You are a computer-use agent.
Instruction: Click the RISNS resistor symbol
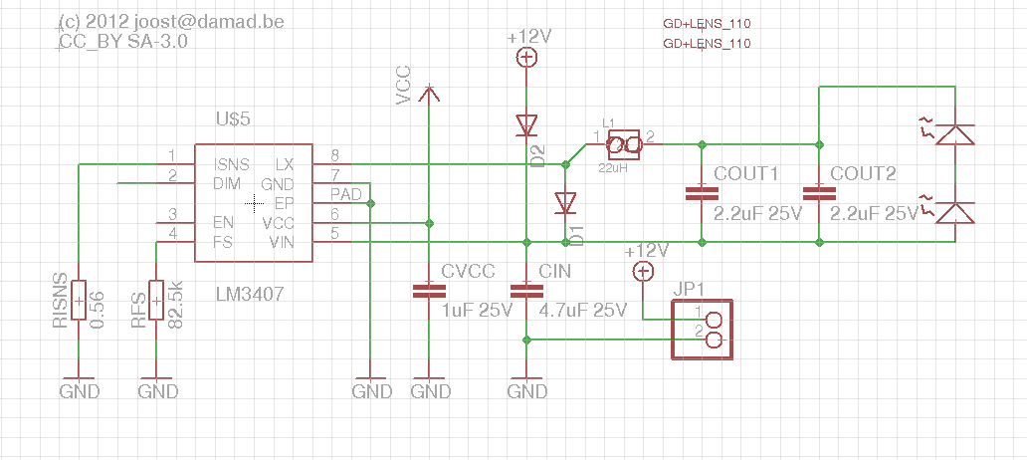[79, 300]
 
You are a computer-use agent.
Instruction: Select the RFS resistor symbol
[156, 300]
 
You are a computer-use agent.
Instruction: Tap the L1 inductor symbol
[624, 144]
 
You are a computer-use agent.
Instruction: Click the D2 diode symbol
[526, 125]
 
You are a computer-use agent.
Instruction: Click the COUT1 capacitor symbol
[702, 193]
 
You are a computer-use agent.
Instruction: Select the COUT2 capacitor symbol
[819, 193]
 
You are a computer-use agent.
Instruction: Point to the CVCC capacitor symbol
[429, 291]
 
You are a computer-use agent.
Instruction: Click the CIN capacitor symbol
[526, 291]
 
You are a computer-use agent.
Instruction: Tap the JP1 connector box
[703, 329]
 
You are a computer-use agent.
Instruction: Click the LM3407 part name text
[250, 294]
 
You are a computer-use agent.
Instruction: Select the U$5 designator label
[233, 119]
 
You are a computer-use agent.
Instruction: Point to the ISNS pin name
[231, 164]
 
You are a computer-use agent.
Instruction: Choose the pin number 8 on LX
[334, 156]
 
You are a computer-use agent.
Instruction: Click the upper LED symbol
[954, 134]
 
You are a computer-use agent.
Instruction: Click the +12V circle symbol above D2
[526, 59]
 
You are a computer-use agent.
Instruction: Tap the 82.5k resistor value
[175, 304]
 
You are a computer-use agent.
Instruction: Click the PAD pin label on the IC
[344, 194]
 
